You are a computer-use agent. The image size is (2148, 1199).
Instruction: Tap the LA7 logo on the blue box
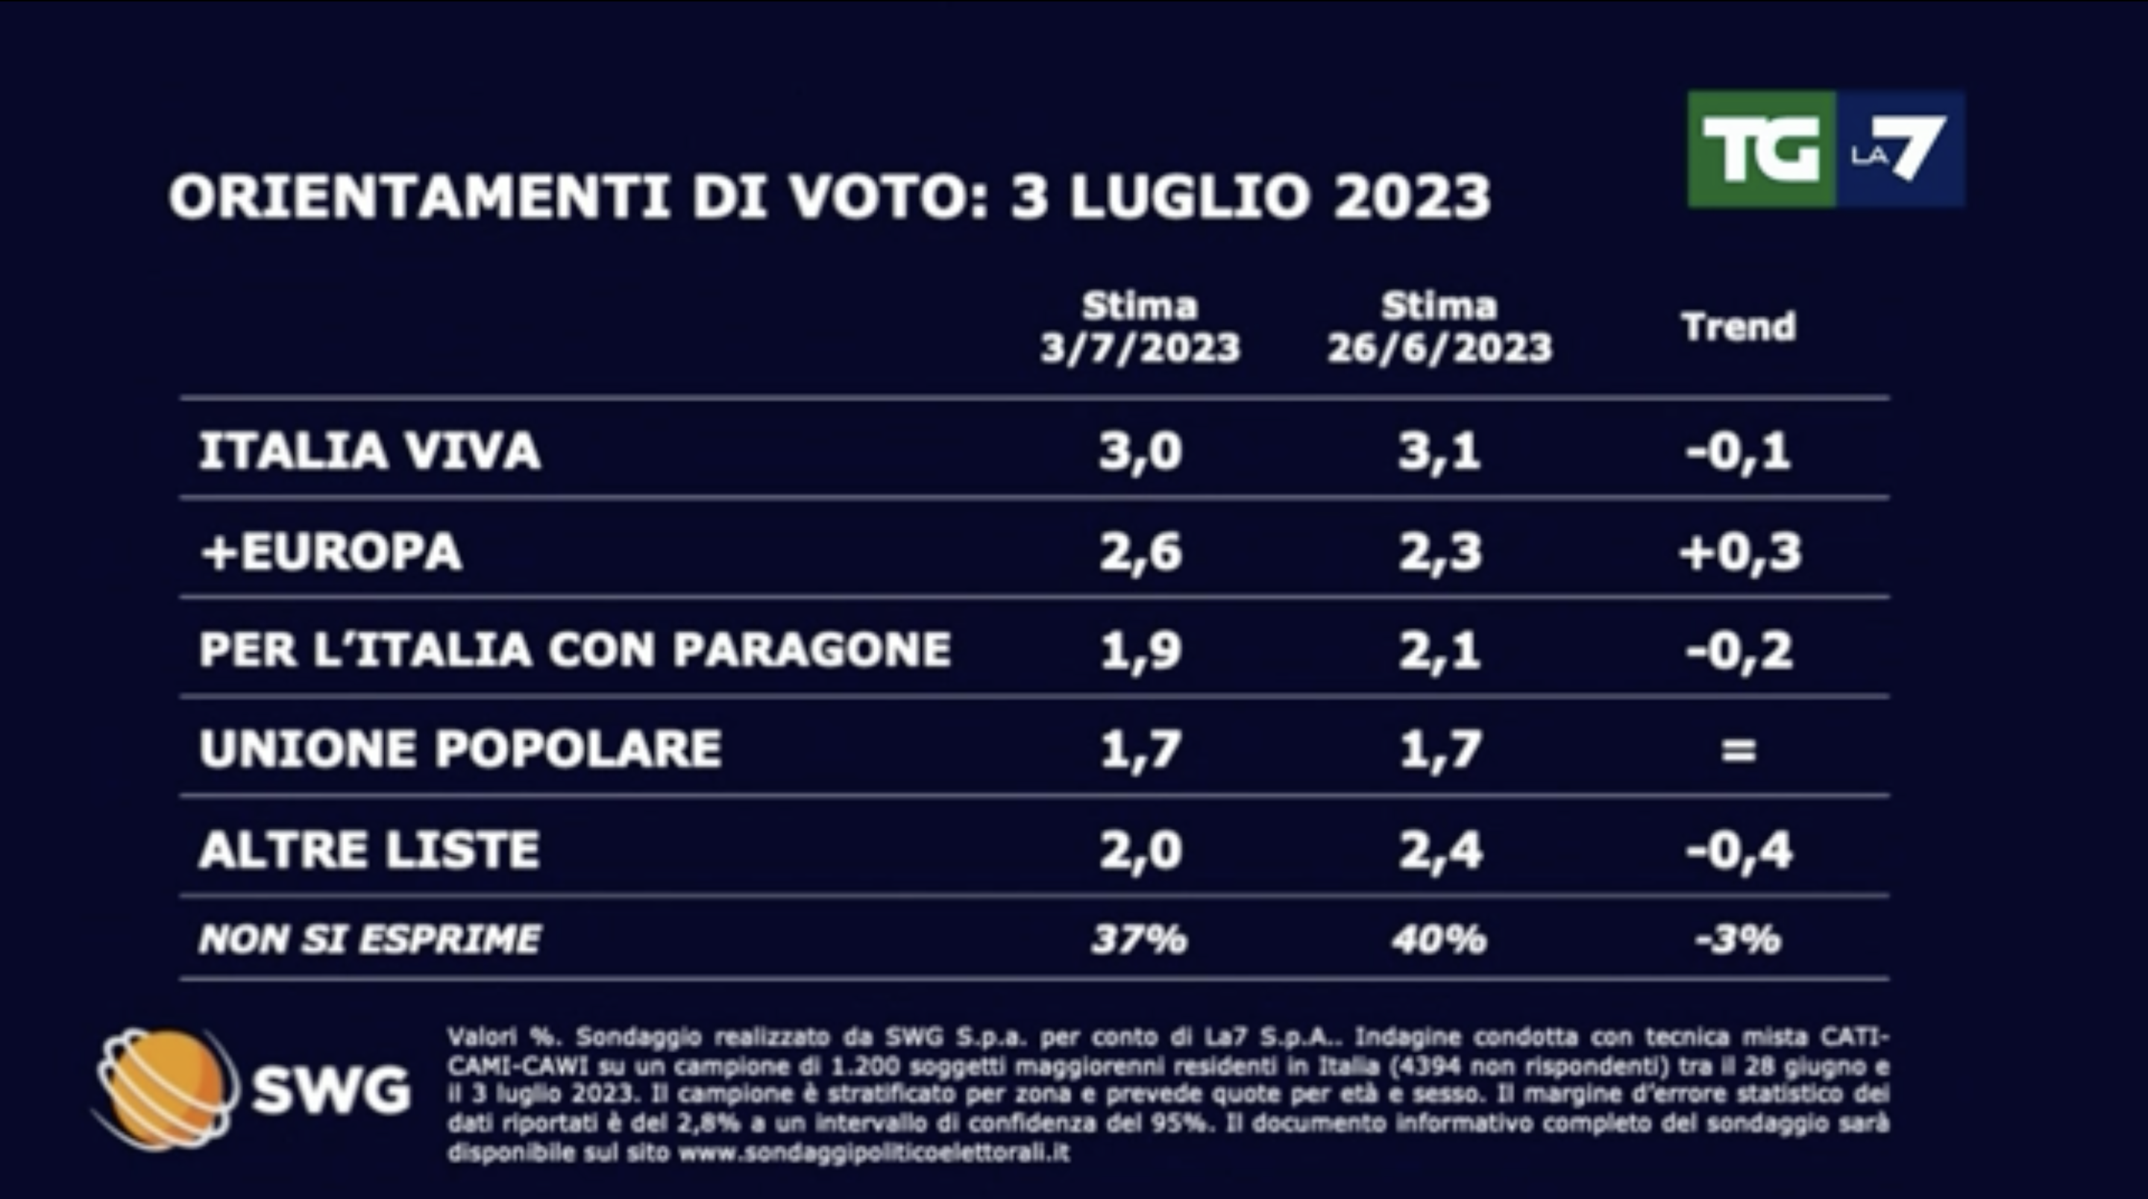[x=1900, y=150]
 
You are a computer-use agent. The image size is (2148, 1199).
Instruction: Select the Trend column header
[x=1739, y=326]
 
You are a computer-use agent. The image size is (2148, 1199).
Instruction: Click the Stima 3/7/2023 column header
[x=1140, y=327]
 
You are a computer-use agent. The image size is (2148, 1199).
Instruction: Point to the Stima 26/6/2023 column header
[x=1439, y=327]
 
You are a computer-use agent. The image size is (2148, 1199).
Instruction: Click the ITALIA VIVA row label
[x=369, y=451]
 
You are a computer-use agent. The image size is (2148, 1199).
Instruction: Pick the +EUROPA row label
[x=331, y=551]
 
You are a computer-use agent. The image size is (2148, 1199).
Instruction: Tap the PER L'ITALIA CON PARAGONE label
[x=574, y=649]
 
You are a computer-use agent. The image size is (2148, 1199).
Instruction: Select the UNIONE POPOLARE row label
[x=460, y=748]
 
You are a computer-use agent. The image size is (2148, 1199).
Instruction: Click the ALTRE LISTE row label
[x=369, y=849]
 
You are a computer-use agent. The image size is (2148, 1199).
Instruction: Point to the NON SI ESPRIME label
[x=369, y=940]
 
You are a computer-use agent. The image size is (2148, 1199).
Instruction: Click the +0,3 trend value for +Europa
[x=1739, y=551]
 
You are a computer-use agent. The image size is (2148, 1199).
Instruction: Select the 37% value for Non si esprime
[x=1139, y=940]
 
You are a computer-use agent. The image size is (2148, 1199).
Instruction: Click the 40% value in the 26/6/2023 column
[x=1439, y=940]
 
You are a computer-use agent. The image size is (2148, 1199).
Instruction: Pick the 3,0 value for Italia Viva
[x=1140, y=451]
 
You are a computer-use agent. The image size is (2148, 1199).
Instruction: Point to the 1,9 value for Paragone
[x=1140, y=649]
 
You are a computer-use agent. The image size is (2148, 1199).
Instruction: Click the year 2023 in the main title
[x=1411, y=198]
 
